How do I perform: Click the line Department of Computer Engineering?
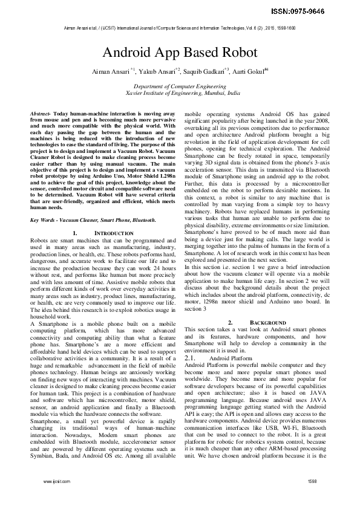[179, 88]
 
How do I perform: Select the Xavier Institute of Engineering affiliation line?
[179, 94]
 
